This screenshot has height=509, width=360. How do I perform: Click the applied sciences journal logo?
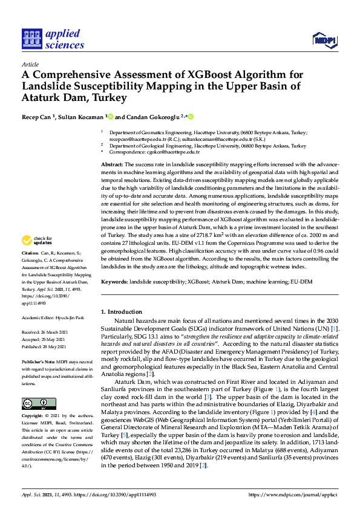(x=53, y=39)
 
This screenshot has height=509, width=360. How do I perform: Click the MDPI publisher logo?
(x=324, y=40)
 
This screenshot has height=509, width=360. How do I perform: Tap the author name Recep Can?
(x=39, y=117)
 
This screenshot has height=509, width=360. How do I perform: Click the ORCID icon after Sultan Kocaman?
(x=111, y=117)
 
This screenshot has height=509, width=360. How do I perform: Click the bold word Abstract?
(x=112, y=164)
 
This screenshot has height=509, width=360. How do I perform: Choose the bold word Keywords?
(x=114, y=282)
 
